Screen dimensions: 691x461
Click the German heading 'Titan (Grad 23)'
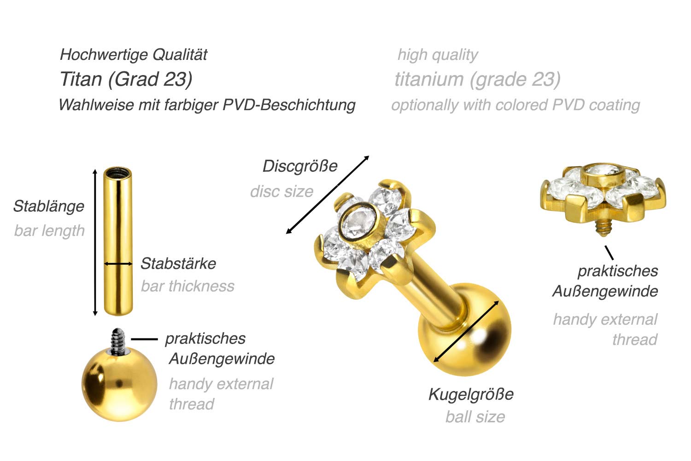tap(126, 79)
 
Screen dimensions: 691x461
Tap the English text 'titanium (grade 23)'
tap(478, 80)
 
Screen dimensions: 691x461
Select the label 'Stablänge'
tap(49, 206)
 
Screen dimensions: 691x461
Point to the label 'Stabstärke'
tap(178, 263)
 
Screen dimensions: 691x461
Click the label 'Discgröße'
tap(300, 166)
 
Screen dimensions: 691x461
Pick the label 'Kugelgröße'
tap(471, 394)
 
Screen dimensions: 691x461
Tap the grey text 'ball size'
tap(475, 417)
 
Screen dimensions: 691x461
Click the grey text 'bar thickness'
tap(187, 286)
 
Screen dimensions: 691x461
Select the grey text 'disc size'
tap(281, 192)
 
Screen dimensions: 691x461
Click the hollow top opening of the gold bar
tap(117, 173)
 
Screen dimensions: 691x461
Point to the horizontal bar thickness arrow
tap(118, 263)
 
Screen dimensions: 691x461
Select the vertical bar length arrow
tap(95, 242)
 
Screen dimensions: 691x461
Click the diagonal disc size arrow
tap(327, 195)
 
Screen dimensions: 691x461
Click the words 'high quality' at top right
tap(438, 55)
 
